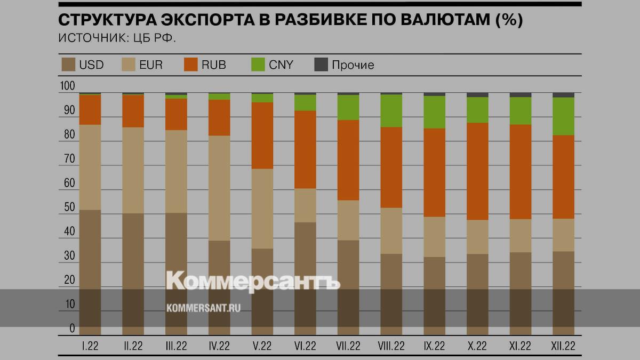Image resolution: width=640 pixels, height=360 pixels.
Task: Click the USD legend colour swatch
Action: click(68, 65)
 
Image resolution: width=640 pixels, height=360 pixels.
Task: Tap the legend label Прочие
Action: click(353, 65)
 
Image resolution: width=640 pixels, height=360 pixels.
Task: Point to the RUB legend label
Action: click(213, 65)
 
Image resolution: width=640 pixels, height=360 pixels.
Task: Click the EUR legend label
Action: click(150, 65)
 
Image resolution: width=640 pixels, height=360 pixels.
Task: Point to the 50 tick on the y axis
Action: click(68, 207)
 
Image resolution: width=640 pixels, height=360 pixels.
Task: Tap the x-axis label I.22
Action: click(90, 346)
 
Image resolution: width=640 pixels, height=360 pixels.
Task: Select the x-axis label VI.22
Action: click(305, 346)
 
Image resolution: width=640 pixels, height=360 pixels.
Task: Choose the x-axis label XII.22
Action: click(563, 346)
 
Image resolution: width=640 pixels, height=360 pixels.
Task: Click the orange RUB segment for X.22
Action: click(477, 171)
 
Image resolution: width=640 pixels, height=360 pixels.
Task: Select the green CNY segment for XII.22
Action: click(563, 116)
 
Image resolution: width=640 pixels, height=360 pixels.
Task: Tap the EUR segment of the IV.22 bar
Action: click(219, 188)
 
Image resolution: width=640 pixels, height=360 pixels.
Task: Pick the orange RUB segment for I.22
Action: click(90, 109)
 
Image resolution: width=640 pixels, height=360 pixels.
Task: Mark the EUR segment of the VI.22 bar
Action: click(305, 205)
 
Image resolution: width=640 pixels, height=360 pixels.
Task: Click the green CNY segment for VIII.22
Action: click(391, 110)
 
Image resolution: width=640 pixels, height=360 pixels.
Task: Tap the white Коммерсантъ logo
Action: click(253, 281)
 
